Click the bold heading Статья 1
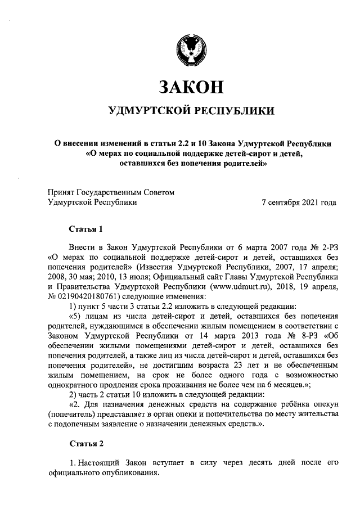point(85,229)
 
